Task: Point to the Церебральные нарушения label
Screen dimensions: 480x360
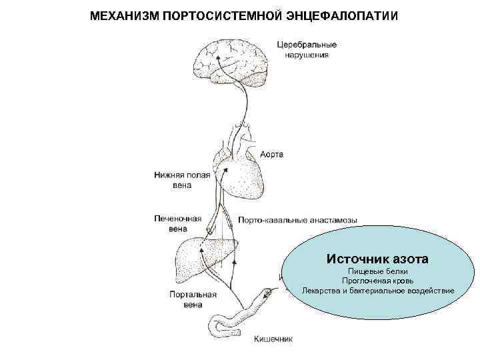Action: click(307, 50)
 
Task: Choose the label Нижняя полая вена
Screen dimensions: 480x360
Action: click(182, 180)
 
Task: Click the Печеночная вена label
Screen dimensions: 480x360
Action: click(179, 223)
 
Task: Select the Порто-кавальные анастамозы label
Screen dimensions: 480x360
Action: click(297, 219)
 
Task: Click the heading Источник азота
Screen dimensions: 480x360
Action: click(377, 257)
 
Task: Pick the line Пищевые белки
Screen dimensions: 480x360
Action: click(378, 272)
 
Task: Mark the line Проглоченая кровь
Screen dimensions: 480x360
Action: click(378, 281)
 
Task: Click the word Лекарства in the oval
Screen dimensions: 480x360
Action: click(318, 291)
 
